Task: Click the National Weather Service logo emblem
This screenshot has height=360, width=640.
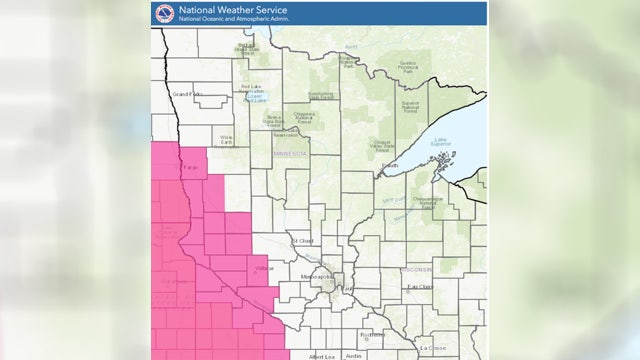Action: [x=164, y=13]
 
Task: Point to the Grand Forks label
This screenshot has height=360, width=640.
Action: [x=187, y=94]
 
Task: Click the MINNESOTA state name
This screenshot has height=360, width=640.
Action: [x=291, y=155]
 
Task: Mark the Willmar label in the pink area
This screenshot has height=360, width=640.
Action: [x=263, y=268]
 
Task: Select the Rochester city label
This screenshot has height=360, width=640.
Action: [x=371, y=334]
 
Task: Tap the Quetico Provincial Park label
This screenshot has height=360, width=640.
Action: [x=406, y=66]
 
